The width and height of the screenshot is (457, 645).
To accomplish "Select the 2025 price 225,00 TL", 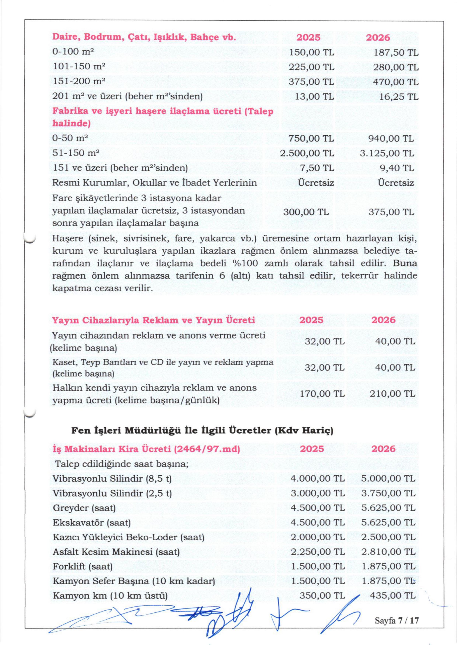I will point(311,67).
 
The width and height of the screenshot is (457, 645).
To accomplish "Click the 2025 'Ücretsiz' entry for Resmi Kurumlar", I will point(316,183).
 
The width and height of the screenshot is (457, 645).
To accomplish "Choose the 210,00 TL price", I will point(392,394).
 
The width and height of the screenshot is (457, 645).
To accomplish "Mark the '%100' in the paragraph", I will point(244,264).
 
